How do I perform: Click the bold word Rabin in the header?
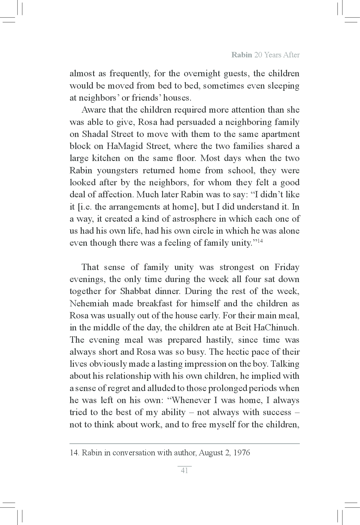[x=241, y=55]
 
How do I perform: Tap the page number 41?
[x=184, y=470]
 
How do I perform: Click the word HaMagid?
[x=124, y=146]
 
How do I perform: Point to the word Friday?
[x=287, y=267]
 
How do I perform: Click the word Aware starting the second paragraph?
[x=93, y=110]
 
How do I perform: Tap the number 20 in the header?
[x=259, y=55]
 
